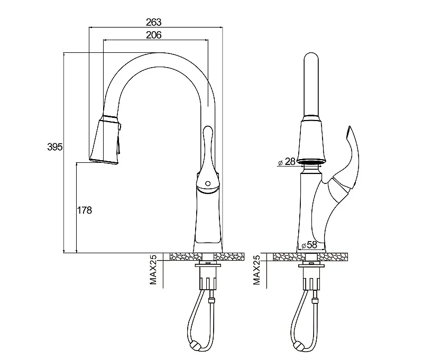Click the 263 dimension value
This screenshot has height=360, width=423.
click(x=153, y=22)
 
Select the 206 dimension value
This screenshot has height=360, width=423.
click(x=153, y=35)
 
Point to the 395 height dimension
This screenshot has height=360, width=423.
click(x=55, y=147)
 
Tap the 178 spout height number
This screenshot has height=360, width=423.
click(x=85, y=210)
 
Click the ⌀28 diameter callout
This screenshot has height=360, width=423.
click(x=287, y=162)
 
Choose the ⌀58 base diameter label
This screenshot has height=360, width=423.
click(x=309, y=245)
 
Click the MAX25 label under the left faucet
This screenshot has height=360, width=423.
click(x=153, y=270)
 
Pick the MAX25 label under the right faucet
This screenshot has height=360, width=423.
click(x=256, y=270)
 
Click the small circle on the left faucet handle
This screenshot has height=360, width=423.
click(x=208, y=183)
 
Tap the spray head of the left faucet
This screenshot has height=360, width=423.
click(x=105, y=140)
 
